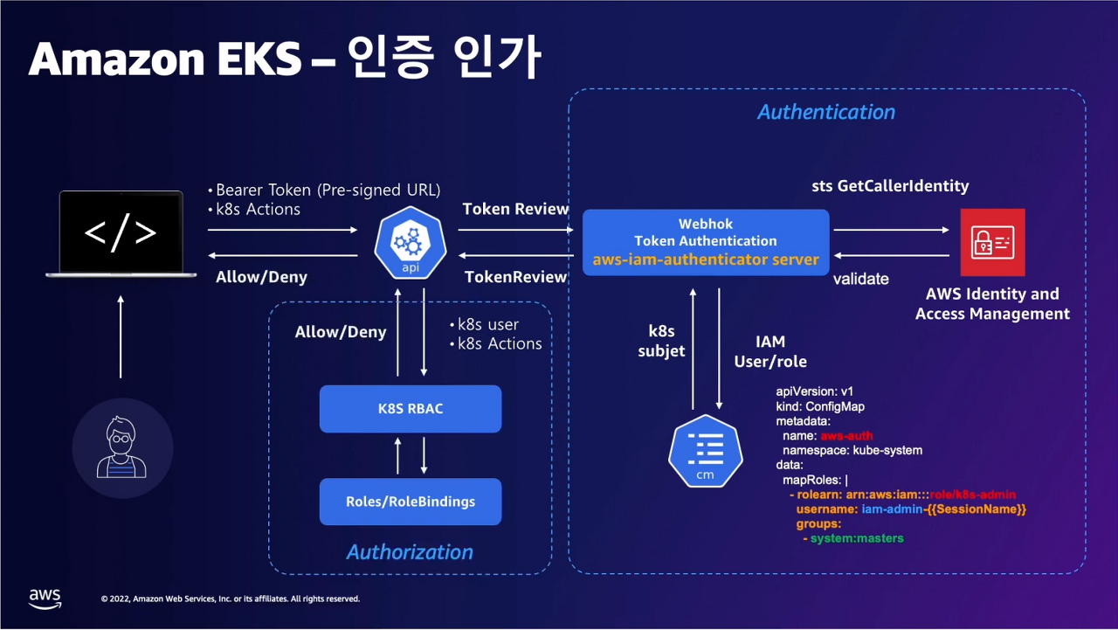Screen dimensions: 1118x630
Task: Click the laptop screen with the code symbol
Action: click(x=121, y=232)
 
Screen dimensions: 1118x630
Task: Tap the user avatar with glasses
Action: click(x=121, y=447)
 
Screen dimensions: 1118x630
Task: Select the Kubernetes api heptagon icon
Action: click(x=411, y=243)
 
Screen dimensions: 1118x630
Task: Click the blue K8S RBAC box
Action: click(x=411, y=408)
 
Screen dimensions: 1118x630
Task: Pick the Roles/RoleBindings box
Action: click(x=411, y=502)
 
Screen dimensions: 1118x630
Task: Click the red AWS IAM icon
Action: click(x=992, y=242)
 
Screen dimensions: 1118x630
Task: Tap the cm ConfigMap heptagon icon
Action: click(x=705, y=451)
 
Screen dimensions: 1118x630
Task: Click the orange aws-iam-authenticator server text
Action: click(x=706, y=260)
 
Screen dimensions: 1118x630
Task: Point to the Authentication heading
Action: click(x=826, y=112)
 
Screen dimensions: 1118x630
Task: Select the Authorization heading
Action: click(x=410, y=552)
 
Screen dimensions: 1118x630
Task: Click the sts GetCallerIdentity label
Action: click(x=890, y=186)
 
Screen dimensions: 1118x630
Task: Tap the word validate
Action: click(x=861, y=279)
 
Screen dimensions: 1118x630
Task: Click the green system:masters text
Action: click(x=857, y=538)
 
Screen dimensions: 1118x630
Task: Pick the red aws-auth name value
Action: click(x=846, y=436)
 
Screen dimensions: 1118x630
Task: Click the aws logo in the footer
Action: click(x=45, y=599)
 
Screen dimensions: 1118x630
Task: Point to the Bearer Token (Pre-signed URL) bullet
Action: click(x=324, y=190)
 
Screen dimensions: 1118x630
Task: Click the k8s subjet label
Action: click(x=661, y=341)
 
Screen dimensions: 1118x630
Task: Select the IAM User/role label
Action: click(x=770, y=351)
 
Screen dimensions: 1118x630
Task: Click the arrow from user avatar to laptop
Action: click(x=121, y=336)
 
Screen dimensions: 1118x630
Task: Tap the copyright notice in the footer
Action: click(x=230, y=599)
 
